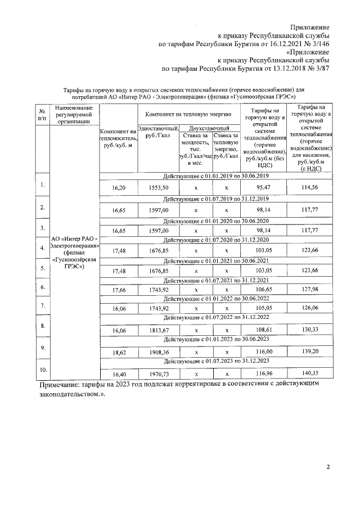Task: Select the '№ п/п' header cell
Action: (x=42, y=114)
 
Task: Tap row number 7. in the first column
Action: (x=42, y=305)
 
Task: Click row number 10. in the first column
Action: (x=42, y=369)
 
